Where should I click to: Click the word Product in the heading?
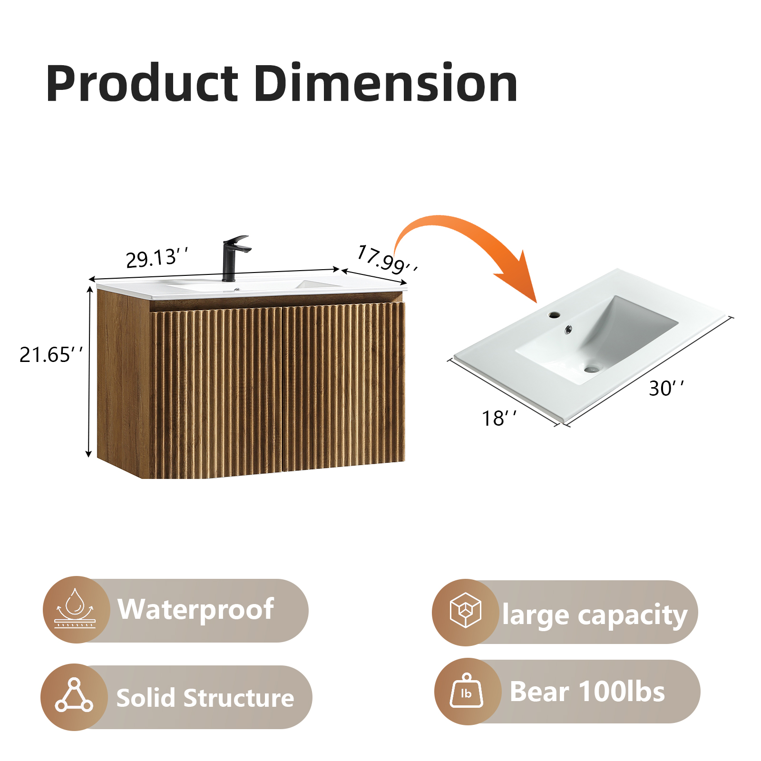click(x=142, y=84)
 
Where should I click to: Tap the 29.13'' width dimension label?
click(x=156, y=258)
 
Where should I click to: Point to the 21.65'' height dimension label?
click(x=51, y=355)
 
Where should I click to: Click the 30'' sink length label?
click(x=666, y=388)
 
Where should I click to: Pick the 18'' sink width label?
click(x=499, y=418)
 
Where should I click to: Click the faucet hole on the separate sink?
click(x=554, y=314)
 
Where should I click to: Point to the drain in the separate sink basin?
click(x=592, y=368)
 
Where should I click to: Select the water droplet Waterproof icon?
click(x=75, y=609)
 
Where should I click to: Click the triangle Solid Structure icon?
click(x=74, y=696)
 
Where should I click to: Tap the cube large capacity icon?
click(x=466, y=610)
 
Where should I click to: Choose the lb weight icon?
click(x=467, y=691)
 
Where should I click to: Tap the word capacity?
click(x=633, y=615)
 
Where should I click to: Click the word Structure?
click(x=239, y=698)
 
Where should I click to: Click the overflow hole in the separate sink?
click(x=568, y=329)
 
